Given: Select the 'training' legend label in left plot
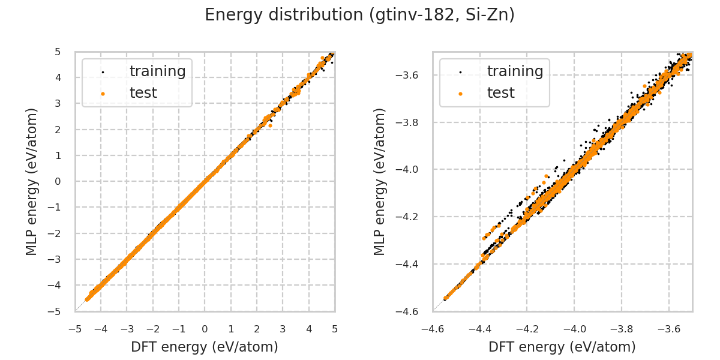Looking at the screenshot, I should click(157, 71).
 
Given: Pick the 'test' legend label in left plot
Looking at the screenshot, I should click(143, 93).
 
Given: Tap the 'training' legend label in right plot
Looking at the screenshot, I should click(515, 71).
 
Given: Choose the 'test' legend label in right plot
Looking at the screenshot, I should click(501, 93).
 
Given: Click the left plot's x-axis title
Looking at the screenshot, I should click(205, 347).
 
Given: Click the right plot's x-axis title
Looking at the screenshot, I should click(562, 347).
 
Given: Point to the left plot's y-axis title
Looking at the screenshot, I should click(32, 181).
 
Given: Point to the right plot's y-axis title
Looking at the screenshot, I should click(380, 181).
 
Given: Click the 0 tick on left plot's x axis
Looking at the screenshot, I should click(205, 329).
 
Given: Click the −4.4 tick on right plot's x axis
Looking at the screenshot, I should click(480, 329).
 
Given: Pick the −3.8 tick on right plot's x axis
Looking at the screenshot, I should click(622, 329).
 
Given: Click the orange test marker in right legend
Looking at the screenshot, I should click(460, 94).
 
